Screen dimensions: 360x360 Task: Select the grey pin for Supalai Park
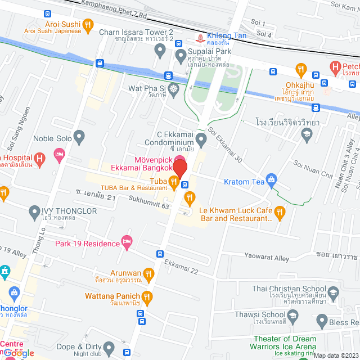pyautogui.click(x=181, y=55)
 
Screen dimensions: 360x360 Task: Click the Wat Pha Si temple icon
pyautogui.click(x=174, y=88)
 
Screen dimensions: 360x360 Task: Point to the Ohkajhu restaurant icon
pyautogui.click(x=301, y=70)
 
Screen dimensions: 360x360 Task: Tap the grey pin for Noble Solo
pyautogui.click(x=79, y=136)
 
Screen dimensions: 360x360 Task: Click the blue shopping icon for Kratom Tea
pyautogui.click(x=272, y=180)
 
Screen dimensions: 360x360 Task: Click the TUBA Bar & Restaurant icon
pyautogui.click(x=174, y=181)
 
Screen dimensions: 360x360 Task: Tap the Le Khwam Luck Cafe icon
pyautogui.click(x=280, y=212)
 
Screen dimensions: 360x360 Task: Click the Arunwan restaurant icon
pyautogui.click(x=148, y=274)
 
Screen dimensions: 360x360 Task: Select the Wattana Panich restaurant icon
pyautogui.click(x=147, y=296)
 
